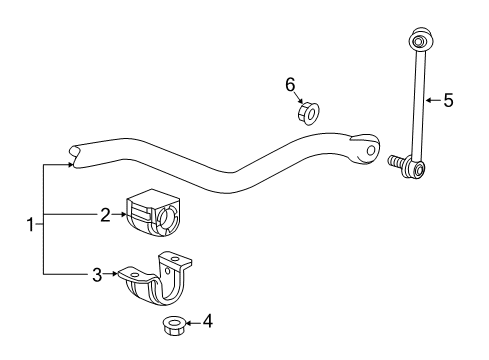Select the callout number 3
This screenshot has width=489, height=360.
tap(98, 273)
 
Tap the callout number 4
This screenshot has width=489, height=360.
tap(208, 321)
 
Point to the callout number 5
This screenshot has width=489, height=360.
tap(449, 99)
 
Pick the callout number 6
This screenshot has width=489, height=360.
tap(291, 85)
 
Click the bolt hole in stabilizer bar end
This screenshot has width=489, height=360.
tap(371, 151)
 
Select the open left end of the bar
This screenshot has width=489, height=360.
tap(73, 153)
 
